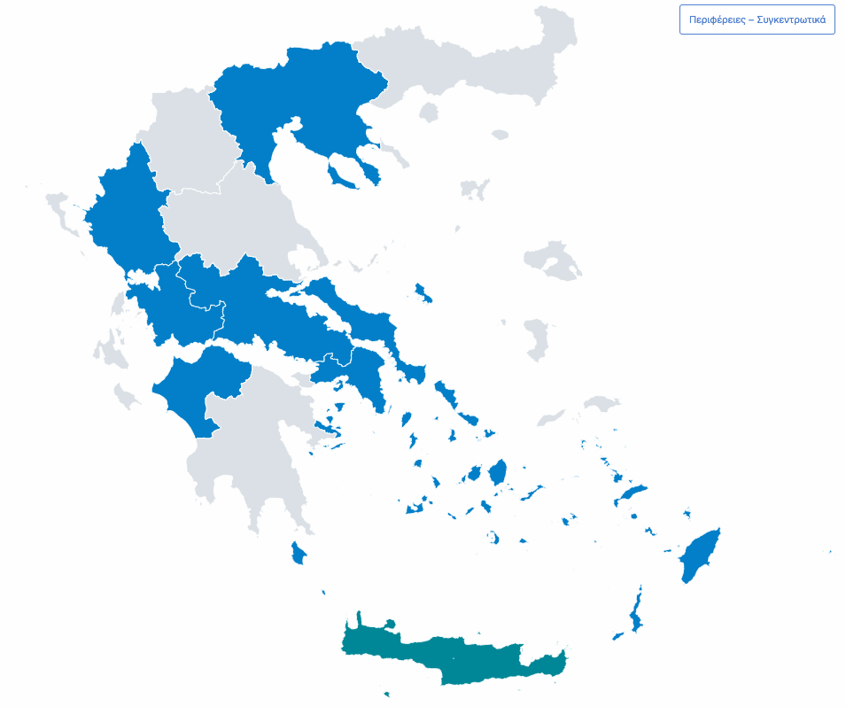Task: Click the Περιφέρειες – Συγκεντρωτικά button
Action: pyautogui.click(x=757, y=19)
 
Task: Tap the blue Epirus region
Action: pyautogui.click(x=124, y=213)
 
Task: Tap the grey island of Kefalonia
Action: pyautogui.click(x=110, y=351)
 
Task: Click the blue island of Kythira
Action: pyautogui.click(x=299, y=554)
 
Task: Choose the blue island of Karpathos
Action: pyautogui.click(x=635, y=611)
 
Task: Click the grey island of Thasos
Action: pyautogui.click(x=430, y=112)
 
